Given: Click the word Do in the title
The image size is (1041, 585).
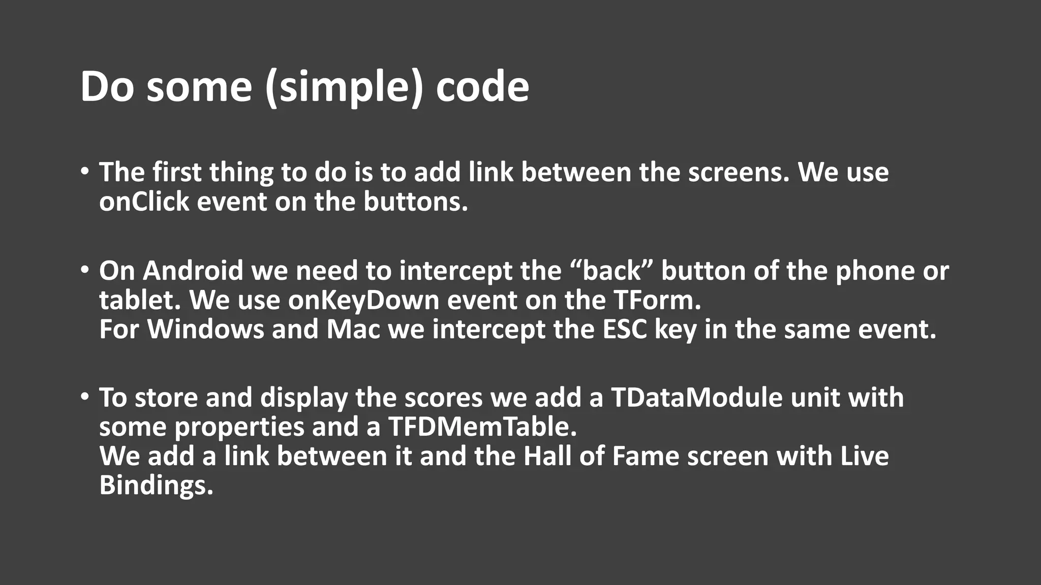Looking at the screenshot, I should point(107,86).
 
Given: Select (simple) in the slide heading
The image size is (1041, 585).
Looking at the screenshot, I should point(344,87).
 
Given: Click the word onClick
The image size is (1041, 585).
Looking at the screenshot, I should point(144,202).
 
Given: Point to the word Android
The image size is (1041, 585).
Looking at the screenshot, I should point(193,271).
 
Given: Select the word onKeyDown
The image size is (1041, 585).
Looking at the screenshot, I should point(363,300).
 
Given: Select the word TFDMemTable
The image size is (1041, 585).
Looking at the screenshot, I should point(482,427).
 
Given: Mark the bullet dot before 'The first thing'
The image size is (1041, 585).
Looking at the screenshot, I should point(84,171).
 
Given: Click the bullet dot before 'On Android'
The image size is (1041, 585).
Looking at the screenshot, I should point(84,270).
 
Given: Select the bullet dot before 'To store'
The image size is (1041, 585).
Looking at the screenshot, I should point(84,396).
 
